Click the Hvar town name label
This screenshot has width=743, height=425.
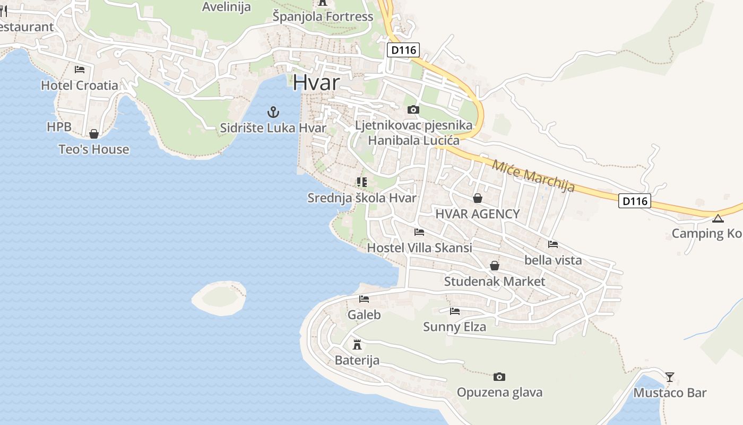(316, 82)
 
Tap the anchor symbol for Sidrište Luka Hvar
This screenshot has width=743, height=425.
(273, 112)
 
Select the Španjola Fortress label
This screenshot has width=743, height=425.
(323, 16)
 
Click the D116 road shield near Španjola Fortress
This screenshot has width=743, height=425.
(403, 50)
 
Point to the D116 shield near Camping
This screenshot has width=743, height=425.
(634, 201)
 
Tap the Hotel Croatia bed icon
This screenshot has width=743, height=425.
(80, 69)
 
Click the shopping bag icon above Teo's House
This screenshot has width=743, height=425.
(94, 134)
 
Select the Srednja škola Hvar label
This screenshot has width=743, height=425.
(362, 198)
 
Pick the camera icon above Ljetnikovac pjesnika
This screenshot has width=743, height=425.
(413, 110)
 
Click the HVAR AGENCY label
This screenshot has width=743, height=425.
(477, 214)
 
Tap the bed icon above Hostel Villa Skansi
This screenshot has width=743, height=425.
(419, 232)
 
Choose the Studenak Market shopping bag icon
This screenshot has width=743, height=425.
(495, 266)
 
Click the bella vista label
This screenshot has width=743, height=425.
(553, 260)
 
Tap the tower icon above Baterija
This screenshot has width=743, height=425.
(357, 344)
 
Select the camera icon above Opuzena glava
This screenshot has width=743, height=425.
(499, 377)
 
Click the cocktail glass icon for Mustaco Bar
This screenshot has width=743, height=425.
(670, 377)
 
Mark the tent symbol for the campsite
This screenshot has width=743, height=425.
(718, 218)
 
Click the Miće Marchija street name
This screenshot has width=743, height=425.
(533, 175)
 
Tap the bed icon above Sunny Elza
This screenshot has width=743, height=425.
(455, 311)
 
